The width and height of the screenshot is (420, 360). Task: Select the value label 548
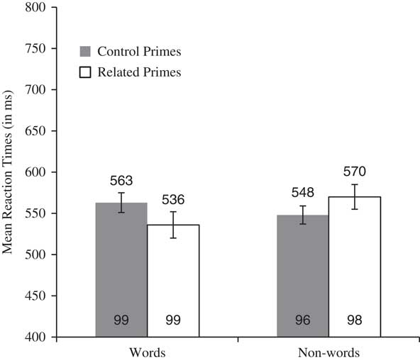[x=303, y=193]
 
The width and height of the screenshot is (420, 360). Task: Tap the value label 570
[x=355, y=172]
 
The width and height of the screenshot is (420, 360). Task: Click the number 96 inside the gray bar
[x=303, y=321]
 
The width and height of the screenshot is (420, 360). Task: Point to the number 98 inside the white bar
[x=355, y=321]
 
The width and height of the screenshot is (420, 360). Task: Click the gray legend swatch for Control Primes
[x=84, y=52]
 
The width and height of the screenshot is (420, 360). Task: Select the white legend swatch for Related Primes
[x=84, y=72]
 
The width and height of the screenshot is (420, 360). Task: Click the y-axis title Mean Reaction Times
[x=10, y=172]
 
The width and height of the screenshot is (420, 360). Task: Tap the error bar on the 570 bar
[x=355, y=196]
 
